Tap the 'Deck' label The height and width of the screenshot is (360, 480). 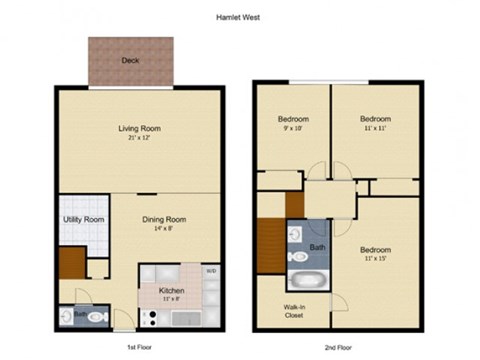[129, 61]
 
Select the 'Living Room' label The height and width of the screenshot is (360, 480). [140, 129]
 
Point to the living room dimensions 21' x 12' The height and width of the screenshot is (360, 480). [140, 139]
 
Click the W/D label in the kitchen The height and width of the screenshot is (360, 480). [210, 271]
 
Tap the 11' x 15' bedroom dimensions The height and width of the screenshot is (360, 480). [375, 259]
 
